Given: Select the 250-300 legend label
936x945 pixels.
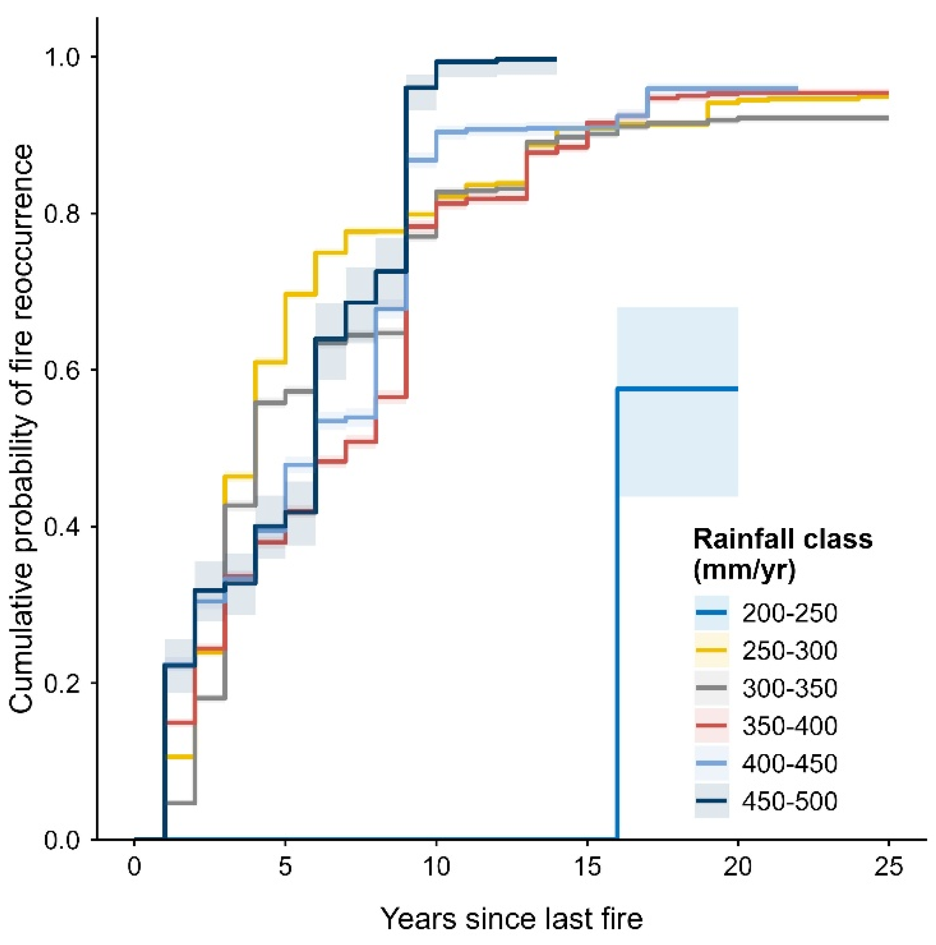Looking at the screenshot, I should coord(789,651).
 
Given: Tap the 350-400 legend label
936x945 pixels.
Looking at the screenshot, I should coord(789,726).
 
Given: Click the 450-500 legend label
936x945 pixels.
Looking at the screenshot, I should coord(789,801).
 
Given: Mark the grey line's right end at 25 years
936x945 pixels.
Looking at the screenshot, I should coord(886,118).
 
